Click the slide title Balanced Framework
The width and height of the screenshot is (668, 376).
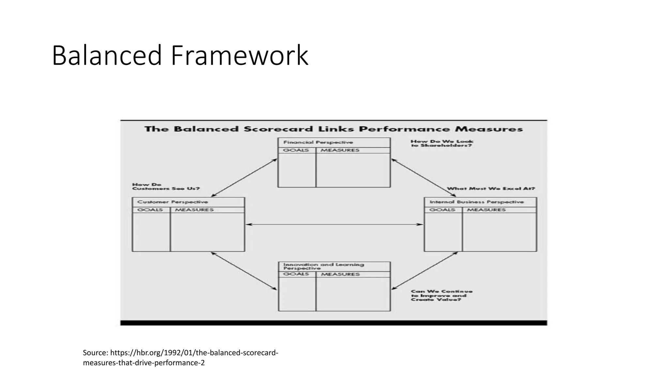click(180, 55)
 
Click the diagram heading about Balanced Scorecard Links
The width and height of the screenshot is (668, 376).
click(333, 129)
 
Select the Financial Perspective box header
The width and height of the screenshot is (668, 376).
click(318, 142)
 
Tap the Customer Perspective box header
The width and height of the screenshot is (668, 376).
click(173, 202)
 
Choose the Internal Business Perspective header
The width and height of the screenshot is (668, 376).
click(477, 202)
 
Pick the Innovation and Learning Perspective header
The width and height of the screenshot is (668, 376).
click(324, 266)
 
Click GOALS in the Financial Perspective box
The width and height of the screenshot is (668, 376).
click(296, 150)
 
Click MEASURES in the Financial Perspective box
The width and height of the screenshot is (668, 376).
click(340, 150)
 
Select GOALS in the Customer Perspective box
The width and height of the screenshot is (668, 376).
click(150, 210)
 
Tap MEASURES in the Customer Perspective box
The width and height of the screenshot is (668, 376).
click(194, 210)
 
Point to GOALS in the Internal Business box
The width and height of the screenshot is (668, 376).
click(442, 210)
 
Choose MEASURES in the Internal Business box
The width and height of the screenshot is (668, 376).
click(486, 210)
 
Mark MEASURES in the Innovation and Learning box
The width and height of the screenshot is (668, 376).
click(340, 274)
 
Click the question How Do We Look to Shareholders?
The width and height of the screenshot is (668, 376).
click(442, 143)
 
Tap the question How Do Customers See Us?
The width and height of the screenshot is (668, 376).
click(166, 187)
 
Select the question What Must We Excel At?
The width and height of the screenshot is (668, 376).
click(491, 189)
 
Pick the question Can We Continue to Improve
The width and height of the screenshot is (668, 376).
click(441, 295)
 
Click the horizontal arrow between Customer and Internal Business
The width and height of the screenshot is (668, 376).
click(334, 225)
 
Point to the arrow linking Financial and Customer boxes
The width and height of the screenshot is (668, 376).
click(244, 178)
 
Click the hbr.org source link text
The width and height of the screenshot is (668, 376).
click(180, 358)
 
